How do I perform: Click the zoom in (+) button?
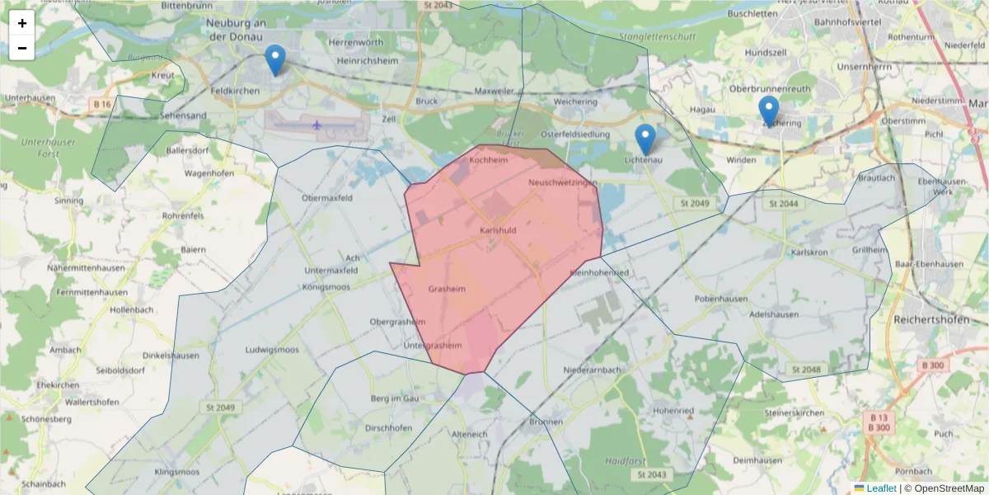pyautogui.click(x=22, y=23)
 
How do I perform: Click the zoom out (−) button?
pyautogui.click(x=22, y=48)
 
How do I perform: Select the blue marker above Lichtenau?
pyautogui.click(x=645, y=139)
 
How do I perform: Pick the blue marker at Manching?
pyautogui.click(x=768, y=111)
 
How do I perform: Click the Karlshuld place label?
pyautogui.click(x=499, y=230)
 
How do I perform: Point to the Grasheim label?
pyautogui.click(x=448, y=290)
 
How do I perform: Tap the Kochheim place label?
pyautogui.click(x=487, y=161)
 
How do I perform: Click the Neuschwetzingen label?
pyautogui.click(x=563, y=182)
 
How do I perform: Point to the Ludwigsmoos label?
pyautogui.click(x=272, y=350)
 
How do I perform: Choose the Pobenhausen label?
pyautogui.click(x=721, y=299)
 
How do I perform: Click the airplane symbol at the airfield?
pyautogui.click(x=317, y=125)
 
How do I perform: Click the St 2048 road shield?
pyautogui.click(x=805, y=370)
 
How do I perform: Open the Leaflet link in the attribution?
pyautogui.click(x=881, y=488)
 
